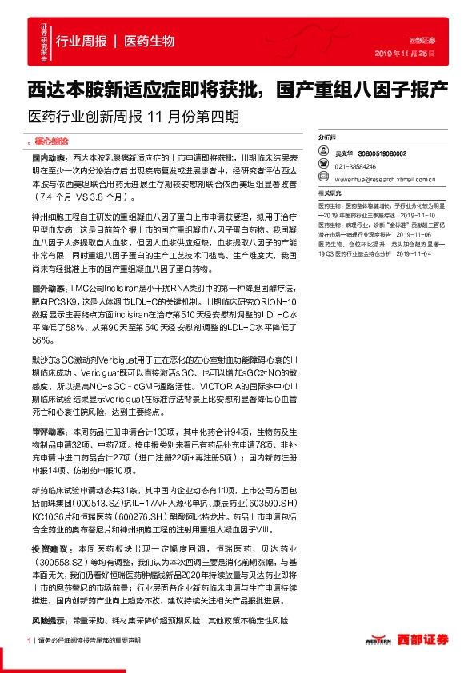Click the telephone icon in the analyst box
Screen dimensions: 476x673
click(326, 166)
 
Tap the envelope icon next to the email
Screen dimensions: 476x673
click(326, 181)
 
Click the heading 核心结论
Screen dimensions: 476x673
click(54, 141)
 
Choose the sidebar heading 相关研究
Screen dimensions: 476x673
click(330, 194)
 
